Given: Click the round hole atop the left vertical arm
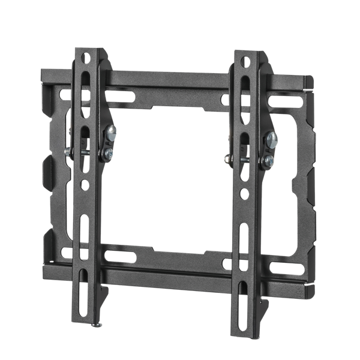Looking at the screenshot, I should click(85, 58).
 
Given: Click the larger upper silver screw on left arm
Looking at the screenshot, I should click(110, 134).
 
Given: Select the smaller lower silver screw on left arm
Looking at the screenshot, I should click(107, 154).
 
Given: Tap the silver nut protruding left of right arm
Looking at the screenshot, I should click(227, 159).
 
